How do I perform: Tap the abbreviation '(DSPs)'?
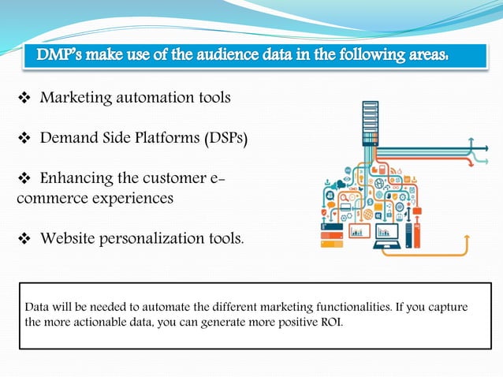click(225, 139)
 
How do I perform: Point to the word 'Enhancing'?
click(78, 179)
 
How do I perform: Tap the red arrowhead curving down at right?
click(471, 166)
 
